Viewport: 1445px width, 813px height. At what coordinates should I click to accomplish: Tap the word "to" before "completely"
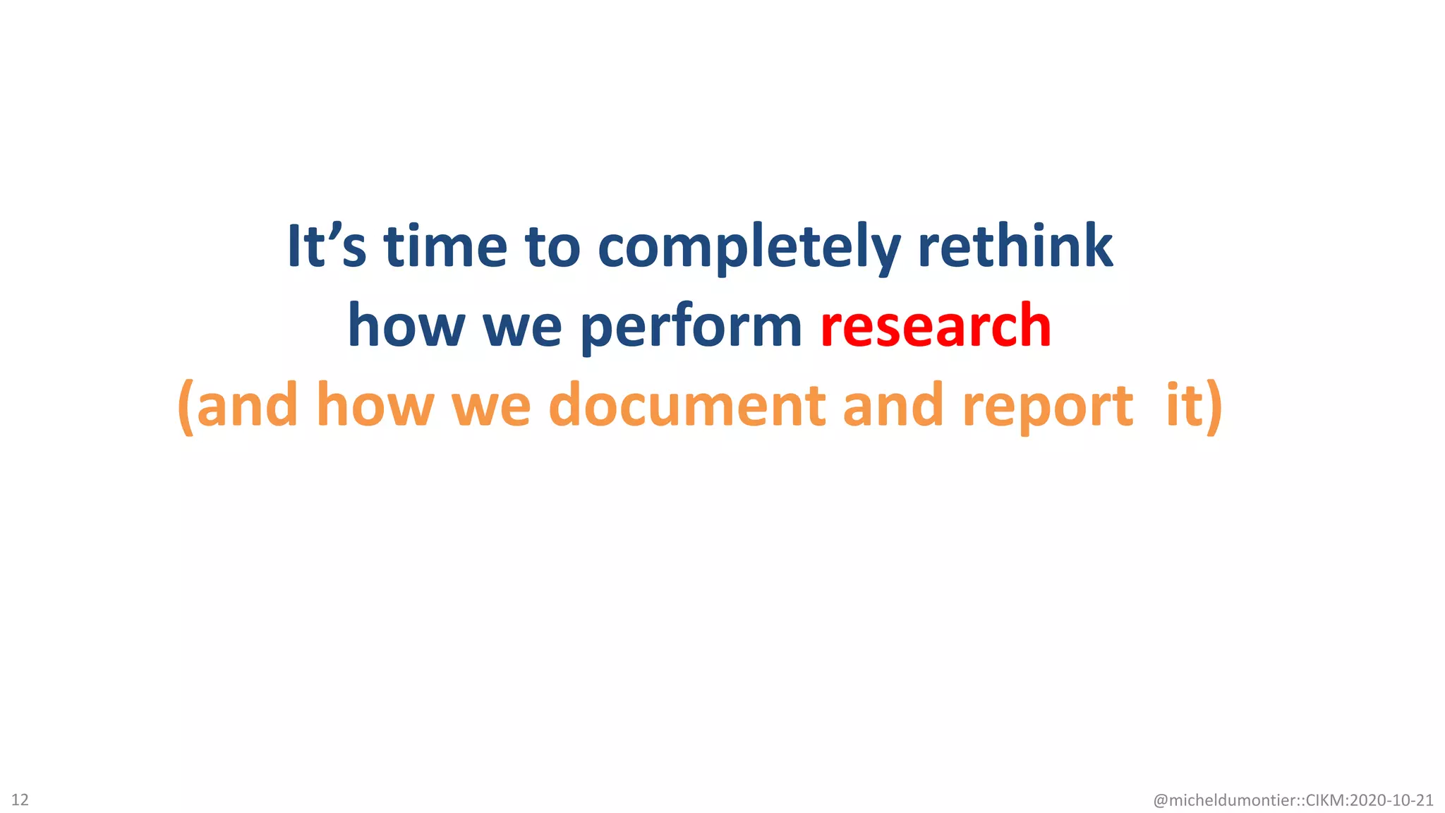[552, 247]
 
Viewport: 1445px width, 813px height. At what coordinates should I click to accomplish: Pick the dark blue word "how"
[406, 325]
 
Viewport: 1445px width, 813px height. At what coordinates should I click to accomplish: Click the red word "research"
[936, 325]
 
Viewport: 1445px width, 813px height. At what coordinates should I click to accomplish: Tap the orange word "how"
[375, 405]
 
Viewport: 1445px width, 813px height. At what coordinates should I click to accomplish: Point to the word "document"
[687, 405]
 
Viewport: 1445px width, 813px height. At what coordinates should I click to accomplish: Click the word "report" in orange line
[1047, 406]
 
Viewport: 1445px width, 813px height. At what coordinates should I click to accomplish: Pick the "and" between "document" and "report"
[893, 405]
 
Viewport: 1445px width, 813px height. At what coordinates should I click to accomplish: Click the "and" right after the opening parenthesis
[247, 405]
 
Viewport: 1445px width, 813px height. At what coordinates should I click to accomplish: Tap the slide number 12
[20, 800]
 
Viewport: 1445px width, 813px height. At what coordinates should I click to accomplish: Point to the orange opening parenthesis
[186, 406]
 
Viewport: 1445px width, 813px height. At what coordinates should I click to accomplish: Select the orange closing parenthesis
[1214, 406]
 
